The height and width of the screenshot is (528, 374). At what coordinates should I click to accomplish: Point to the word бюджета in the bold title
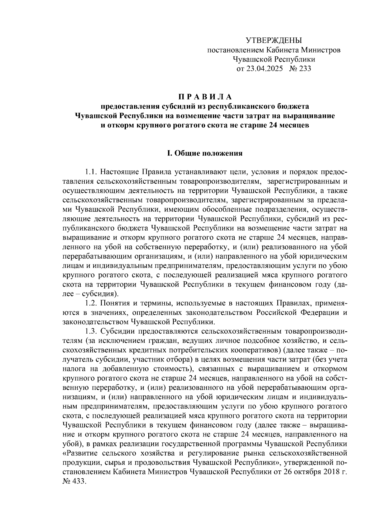point(294,106)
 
